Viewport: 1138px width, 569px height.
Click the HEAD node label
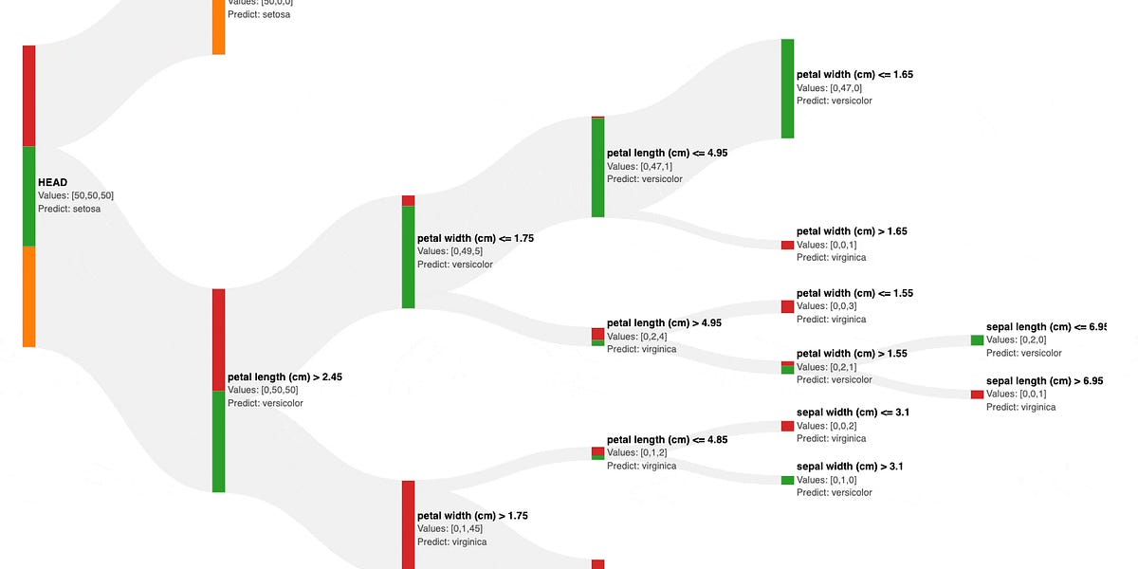pos(52,182)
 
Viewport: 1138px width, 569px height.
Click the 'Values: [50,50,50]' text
pos(76,195)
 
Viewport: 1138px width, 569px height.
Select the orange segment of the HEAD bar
pos(29,296)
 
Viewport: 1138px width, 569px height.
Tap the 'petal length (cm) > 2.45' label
pos(284,376)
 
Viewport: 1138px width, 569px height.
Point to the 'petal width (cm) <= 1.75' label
pos(475,238)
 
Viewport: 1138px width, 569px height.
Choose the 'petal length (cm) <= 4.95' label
pos(667,153)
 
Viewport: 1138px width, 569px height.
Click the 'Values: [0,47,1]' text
pos(640,166)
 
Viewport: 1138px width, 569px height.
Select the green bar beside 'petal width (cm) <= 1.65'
pos(787,88)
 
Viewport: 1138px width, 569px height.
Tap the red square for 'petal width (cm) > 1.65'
pos(787,245)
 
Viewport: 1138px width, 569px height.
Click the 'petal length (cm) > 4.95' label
pos(664,322)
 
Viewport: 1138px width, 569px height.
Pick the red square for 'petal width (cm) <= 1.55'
pos(787,306)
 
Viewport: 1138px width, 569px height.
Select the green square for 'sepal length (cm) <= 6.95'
pos(977,340)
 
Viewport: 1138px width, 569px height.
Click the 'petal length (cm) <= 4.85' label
pos(667,440)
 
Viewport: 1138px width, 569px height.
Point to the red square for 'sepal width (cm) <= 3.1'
pos(787,426)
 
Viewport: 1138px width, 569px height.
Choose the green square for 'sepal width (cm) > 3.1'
pos(787,480)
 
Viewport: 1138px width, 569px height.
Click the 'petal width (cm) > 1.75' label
pos(472,516)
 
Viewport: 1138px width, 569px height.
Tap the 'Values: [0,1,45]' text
pos(451,529)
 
